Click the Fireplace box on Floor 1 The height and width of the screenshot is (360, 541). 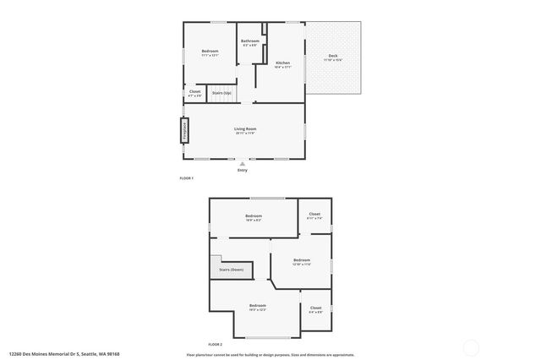pos(184,130)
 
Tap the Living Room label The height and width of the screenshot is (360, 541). pos(245,128)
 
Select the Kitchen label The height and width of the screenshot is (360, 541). pos(283,63)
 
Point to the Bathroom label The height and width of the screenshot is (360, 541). pos(250,41)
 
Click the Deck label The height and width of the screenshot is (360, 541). pos(334,56)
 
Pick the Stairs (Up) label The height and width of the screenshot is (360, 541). pos(221,93)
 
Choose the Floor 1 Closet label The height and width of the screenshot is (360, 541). pos(195,91)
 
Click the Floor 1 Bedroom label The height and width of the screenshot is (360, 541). pos(210,52)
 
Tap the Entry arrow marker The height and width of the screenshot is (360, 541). pos(243,163)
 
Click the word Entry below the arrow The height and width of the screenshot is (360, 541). pos(243,171)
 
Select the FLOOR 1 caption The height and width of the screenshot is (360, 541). pos(187,178)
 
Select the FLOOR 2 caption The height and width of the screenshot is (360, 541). pos(215,345)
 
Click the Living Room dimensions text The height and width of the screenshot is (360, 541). pos(245,134)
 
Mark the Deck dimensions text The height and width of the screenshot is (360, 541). pos(334,60)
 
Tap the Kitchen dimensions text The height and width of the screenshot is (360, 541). pos(283,67)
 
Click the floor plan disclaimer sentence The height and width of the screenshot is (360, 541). pos(270,355)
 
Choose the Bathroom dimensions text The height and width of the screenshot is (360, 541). pos(250,46)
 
